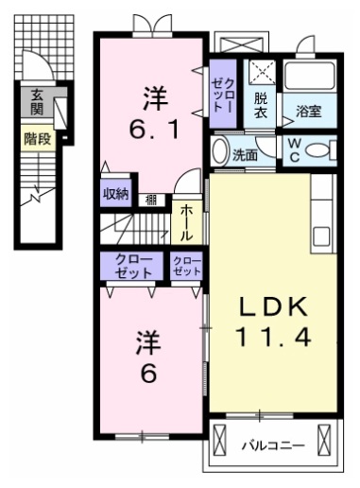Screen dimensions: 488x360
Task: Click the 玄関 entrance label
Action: point(37,102)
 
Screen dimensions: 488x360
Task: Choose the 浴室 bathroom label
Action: point(309,111)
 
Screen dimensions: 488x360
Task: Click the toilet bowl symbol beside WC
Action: point(321,149)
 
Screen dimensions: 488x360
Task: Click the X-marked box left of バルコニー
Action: point(221,441)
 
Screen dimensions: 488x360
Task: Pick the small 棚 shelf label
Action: point(151,198)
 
